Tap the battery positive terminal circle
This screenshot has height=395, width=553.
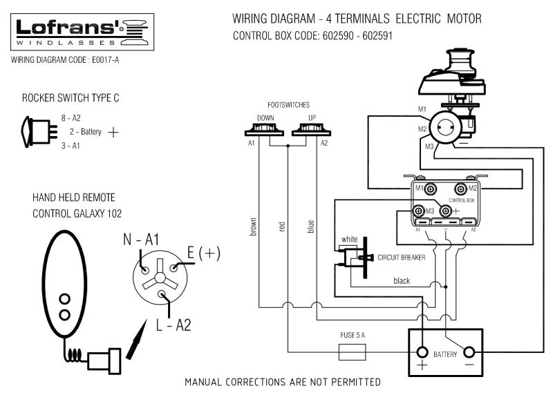[x=422, y=351]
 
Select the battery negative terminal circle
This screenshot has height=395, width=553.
[x=471, y=351]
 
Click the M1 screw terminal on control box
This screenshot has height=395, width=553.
[x=431, y=189]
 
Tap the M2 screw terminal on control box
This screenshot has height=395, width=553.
[x=461, y=189]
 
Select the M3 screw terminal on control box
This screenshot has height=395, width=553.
[x=419, y=210]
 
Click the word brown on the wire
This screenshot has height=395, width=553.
[x=254, y=228]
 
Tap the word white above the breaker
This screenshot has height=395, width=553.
[x=349, y=239]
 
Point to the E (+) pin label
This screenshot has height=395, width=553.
[x=204, y=253]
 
